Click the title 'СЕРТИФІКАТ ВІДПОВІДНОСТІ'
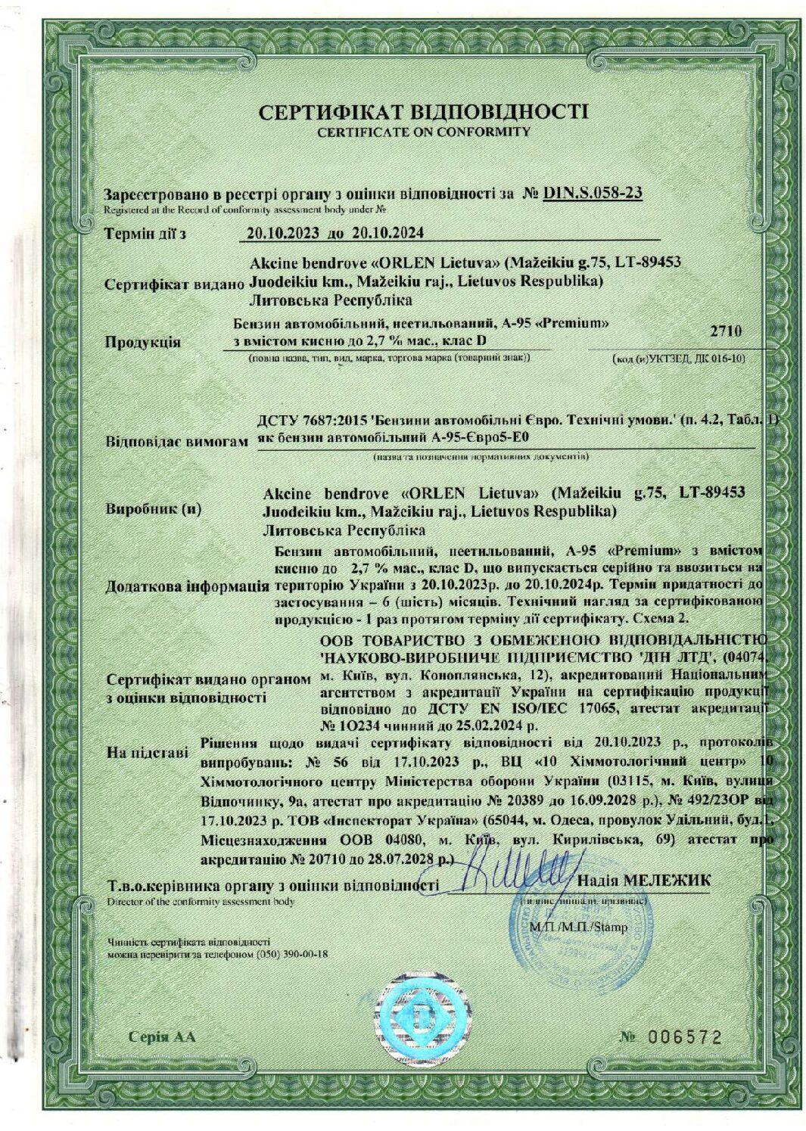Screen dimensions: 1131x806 coord(422,113)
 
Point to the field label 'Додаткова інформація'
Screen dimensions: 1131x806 coord(187,586)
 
